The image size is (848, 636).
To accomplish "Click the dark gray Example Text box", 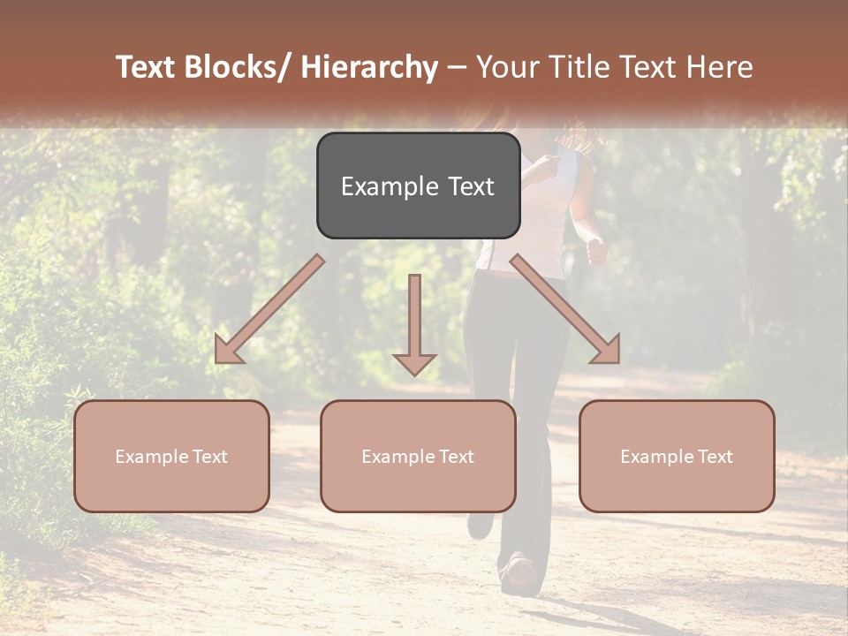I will [418, 185].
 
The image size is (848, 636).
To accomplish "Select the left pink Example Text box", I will [171, 456].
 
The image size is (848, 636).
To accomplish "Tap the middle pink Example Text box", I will [418, 456].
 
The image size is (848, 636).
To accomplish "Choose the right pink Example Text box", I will [677, 456].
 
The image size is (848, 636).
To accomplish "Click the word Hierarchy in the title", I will [369, 67].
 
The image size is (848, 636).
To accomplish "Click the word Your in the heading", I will [507, 67].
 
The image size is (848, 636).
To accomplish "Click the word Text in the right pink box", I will [714, 457].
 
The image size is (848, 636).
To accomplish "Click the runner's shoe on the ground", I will [519, 575].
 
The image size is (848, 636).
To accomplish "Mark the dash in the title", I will [457, 67].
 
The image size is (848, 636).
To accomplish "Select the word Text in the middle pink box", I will [455, 457].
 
